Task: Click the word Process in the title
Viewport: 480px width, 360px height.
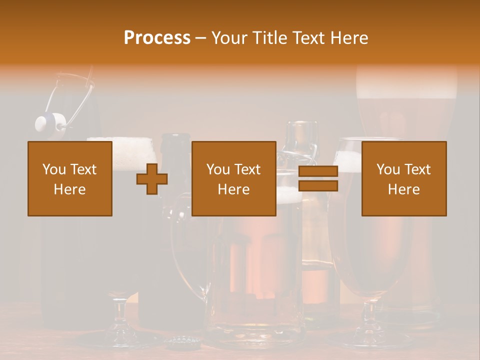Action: coord(157,38)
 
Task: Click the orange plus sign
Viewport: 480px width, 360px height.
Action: coord(152,178)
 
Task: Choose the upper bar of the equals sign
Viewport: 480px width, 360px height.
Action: coord(318,171)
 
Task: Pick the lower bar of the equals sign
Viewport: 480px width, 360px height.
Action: coord(318,186)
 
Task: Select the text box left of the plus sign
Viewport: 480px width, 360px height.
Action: coord(70,178)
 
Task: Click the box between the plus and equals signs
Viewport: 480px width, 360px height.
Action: coord(233,178)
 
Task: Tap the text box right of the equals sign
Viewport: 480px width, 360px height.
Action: coord(404,178)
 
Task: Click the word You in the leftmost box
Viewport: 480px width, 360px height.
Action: coord(53,169)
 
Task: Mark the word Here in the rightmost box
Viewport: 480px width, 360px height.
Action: coord(404,189)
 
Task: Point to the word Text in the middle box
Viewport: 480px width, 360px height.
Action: coord(247,169)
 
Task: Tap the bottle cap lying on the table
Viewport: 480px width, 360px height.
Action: coord(182,342)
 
